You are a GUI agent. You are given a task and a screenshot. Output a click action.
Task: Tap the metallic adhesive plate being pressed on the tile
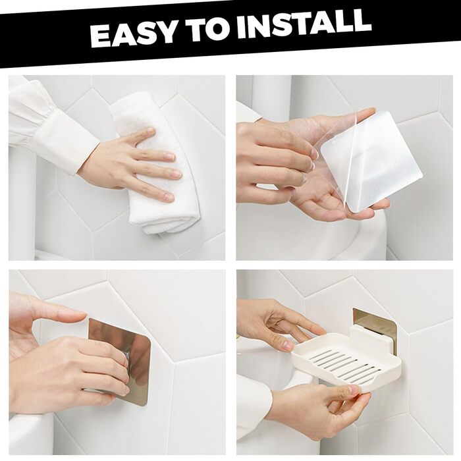[120, 363]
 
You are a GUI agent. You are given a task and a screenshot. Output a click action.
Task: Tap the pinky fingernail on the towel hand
[169, 195]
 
